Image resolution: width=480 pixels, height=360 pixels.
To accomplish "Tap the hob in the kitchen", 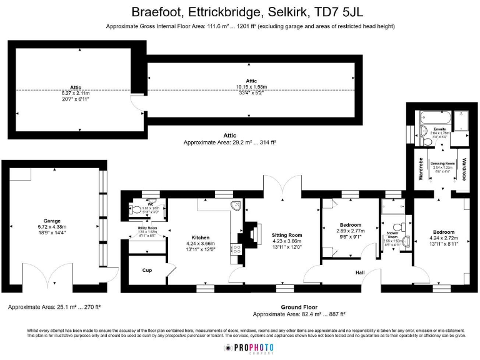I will (236, 251).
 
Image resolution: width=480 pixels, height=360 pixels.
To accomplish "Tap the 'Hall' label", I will (359, 272).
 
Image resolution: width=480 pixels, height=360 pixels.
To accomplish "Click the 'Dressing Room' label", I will (441, 164).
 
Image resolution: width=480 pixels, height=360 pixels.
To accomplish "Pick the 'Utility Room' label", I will (147, 228).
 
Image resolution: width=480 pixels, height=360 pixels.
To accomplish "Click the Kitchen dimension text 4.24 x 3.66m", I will (201, 244).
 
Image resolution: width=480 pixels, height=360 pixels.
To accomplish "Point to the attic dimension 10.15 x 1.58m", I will (251, 87).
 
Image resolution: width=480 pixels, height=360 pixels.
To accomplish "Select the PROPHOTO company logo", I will (248, 347).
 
